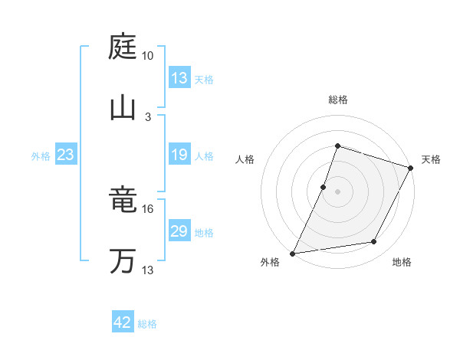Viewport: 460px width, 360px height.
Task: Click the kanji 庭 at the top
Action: click(123, 47)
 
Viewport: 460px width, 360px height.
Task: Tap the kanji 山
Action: click(123, 106)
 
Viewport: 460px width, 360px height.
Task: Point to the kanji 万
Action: click(123, 261)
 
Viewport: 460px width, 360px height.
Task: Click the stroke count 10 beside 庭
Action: click(148, 56)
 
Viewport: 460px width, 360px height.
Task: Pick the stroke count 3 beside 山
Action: click(148, 116)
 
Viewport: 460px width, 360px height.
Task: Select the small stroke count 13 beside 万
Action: click(148, 270)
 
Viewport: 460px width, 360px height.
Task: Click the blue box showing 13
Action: click(179, 78)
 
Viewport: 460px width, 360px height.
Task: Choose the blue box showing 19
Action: click(179, 155)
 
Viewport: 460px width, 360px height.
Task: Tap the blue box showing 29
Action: click(179, 231)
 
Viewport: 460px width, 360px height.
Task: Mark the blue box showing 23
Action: click(66, 155)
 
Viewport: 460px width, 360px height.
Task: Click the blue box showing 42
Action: click(123, 322)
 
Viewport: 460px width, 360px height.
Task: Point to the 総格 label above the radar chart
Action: click(338, 100)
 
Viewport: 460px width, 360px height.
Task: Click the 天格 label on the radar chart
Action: click(431, 159)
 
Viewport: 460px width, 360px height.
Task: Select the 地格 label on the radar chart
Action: click(402, 262)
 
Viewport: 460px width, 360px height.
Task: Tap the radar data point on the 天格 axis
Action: click(411, 168)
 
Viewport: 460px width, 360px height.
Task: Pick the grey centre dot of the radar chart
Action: click(337, 191)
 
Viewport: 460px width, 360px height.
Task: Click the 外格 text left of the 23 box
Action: click(41, 156)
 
